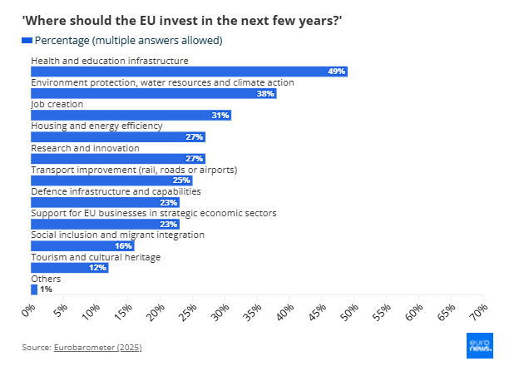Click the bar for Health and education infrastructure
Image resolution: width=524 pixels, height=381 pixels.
click(x=189, y=72)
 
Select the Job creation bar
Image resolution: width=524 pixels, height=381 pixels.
click(x=131, y=116)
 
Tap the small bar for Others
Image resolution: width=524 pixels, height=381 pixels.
click(x=34, y=289)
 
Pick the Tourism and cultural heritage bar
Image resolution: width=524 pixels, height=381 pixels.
click(x=70, y=268)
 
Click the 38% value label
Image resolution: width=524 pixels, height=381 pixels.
click(x=265, y=94)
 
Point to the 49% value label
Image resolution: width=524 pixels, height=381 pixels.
click(x=336, y=72)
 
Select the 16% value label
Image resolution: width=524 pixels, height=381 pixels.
click(x=123, y=246)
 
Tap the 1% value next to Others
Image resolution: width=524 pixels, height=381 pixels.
click(x=46, y=289)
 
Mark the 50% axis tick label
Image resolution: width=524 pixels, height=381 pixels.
click(x=349, y=313)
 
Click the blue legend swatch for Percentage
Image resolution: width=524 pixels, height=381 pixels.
click(x=27, y=41)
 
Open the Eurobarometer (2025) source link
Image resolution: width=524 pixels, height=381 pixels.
click(x=97, y=347)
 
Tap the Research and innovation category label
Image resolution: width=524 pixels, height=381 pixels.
click(x=85, y=148)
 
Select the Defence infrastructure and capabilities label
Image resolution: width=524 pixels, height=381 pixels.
click(x=116, y=191)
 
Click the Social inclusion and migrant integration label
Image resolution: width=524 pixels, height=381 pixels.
click(x=117, y=235)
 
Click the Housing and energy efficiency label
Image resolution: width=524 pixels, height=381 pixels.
click(x=96, y=126)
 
